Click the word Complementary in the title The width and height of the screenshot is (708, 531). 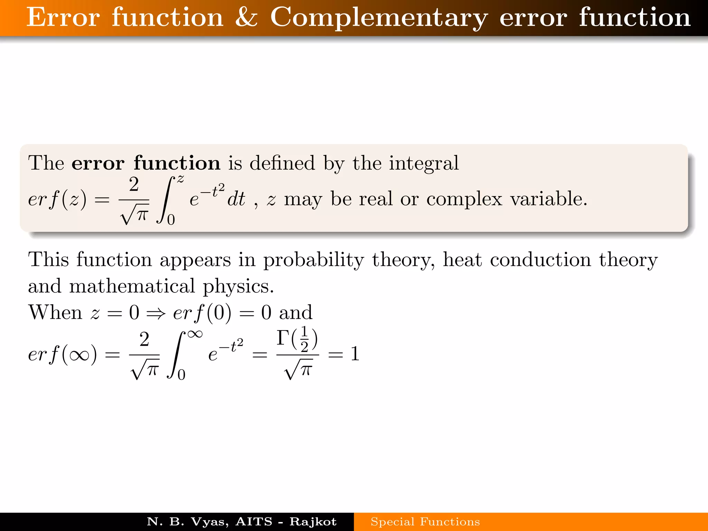point(379,18)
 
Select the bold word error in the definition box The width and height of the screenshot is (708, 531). point(98,163)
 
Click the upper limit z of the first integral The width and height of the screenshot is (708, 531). point(180,179)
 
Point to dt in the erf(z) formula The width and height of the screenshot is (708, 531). point(236,199)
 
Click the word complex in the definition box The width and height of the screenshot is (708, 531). point(464,199)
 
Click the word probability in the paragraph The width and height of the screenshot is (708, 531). point(314,260)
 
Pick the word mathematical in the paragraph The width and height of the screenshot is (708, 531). point(132,286)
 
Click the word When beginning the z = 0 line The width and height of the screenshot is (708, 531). point(55,312)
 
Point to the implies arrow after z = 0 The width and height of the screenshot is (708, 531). point(156,314)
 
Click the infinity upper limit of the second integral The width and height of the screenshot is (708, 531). point(195,334)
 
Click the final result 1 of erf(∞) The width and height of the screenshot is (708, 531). point(355,354)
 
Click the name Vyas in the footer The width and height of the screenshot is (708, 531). point(209,521)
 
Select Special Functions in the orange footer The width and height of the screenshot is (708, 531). point(425,521)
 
